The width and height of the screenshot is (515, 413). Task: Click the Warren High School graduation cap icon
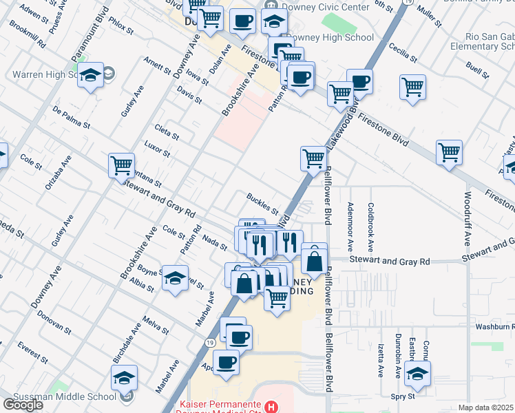point(90,75)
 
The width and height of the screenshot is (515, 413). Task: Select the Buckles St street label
point(262,203)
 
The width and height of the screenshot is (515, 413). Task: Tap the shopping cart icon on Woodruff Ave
point(449,153)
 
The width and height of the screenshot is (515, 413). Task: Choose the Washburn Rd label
point(492,326)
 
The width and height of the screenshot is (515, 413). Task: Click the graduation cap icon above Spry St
point(417,372)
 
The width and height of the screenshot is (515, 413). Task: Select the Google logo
point(23,404)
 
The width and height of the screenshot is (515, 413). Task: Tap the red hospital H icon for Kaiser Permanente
point(273,406)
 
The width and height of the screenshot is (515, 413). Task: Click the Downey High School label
point(330,38)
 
